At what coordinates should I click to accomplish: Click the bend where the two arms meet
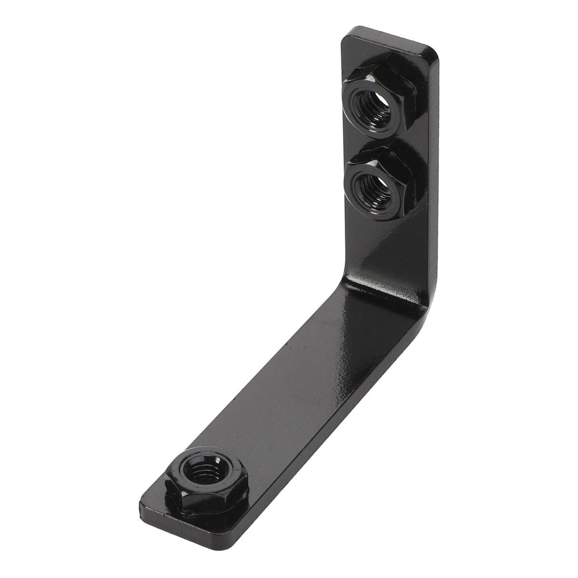pyautogui.click(x=381, y=286)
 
